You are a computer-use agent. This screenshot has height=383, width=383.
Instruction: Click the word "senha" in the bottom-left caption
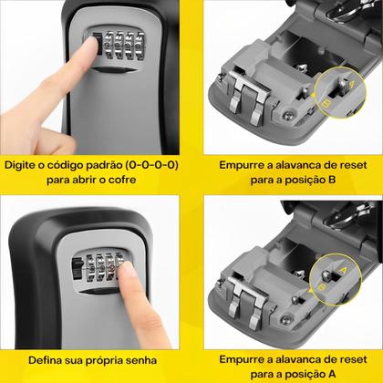[x=135, y=358]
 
